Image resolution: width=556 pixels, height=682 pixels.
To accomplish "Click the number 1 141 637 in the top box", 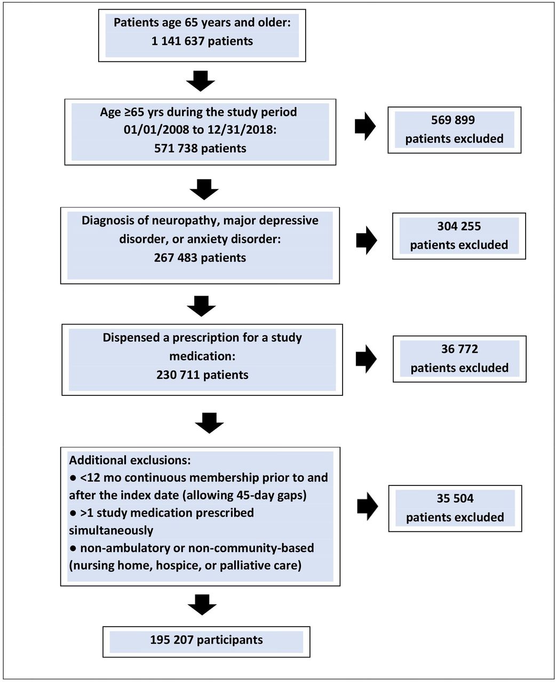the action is tap(178, 42).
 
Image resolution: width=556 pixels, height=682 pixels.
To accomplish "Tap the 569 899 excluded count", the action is tap(453, 120).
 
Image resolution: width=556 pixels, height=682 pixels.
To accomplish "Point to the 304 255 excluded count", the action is tap(459, 226).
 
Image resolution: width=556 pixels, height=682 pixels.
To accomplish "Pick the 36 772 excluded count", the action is tap(459, 348).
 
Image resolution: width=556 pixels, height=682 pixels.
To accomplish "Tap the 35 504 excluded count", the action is tap(455, 498).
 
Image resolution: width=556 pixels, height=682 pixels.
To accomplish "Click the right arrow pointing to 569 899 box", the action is tap(365, 126).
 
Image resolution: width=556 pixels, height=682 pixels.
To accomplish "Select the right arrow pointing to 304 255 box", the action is tap(367, 240).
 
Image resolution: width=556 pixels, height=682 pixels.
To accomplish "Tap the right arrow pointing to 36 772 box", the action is tap(366, 359).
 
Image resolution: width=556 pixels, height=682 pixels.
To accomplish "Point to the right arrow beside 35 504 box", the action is tap(368, 506).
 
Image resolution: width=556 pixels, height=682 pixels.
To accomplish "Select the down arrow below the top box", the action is tap(201, 81).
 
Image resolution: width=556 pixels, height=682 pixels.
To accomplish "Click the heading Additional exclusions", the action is tap(130, 460).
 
